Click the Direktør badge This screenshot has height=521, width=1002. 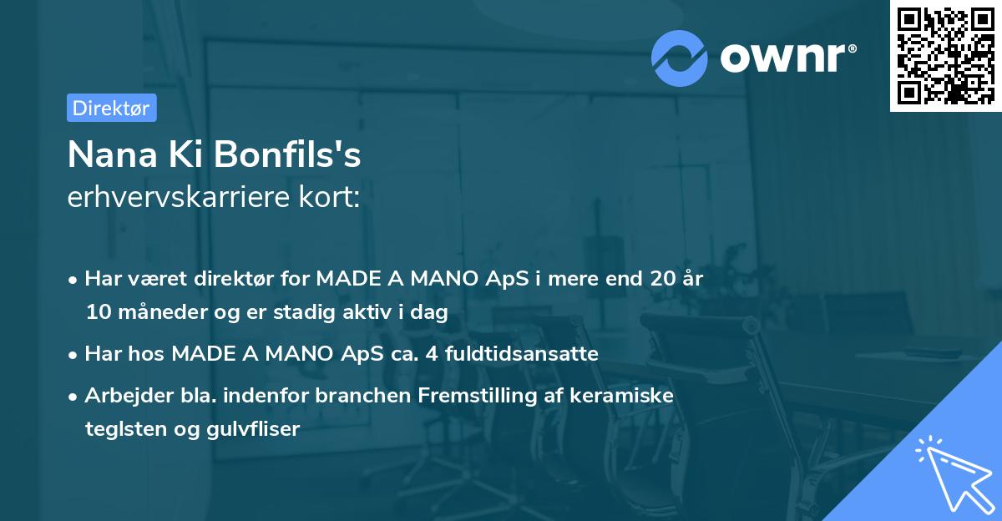111,108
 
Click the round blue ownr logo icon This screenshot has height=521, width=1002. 680,58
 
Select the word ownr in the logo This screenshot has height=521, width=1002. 787,58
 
